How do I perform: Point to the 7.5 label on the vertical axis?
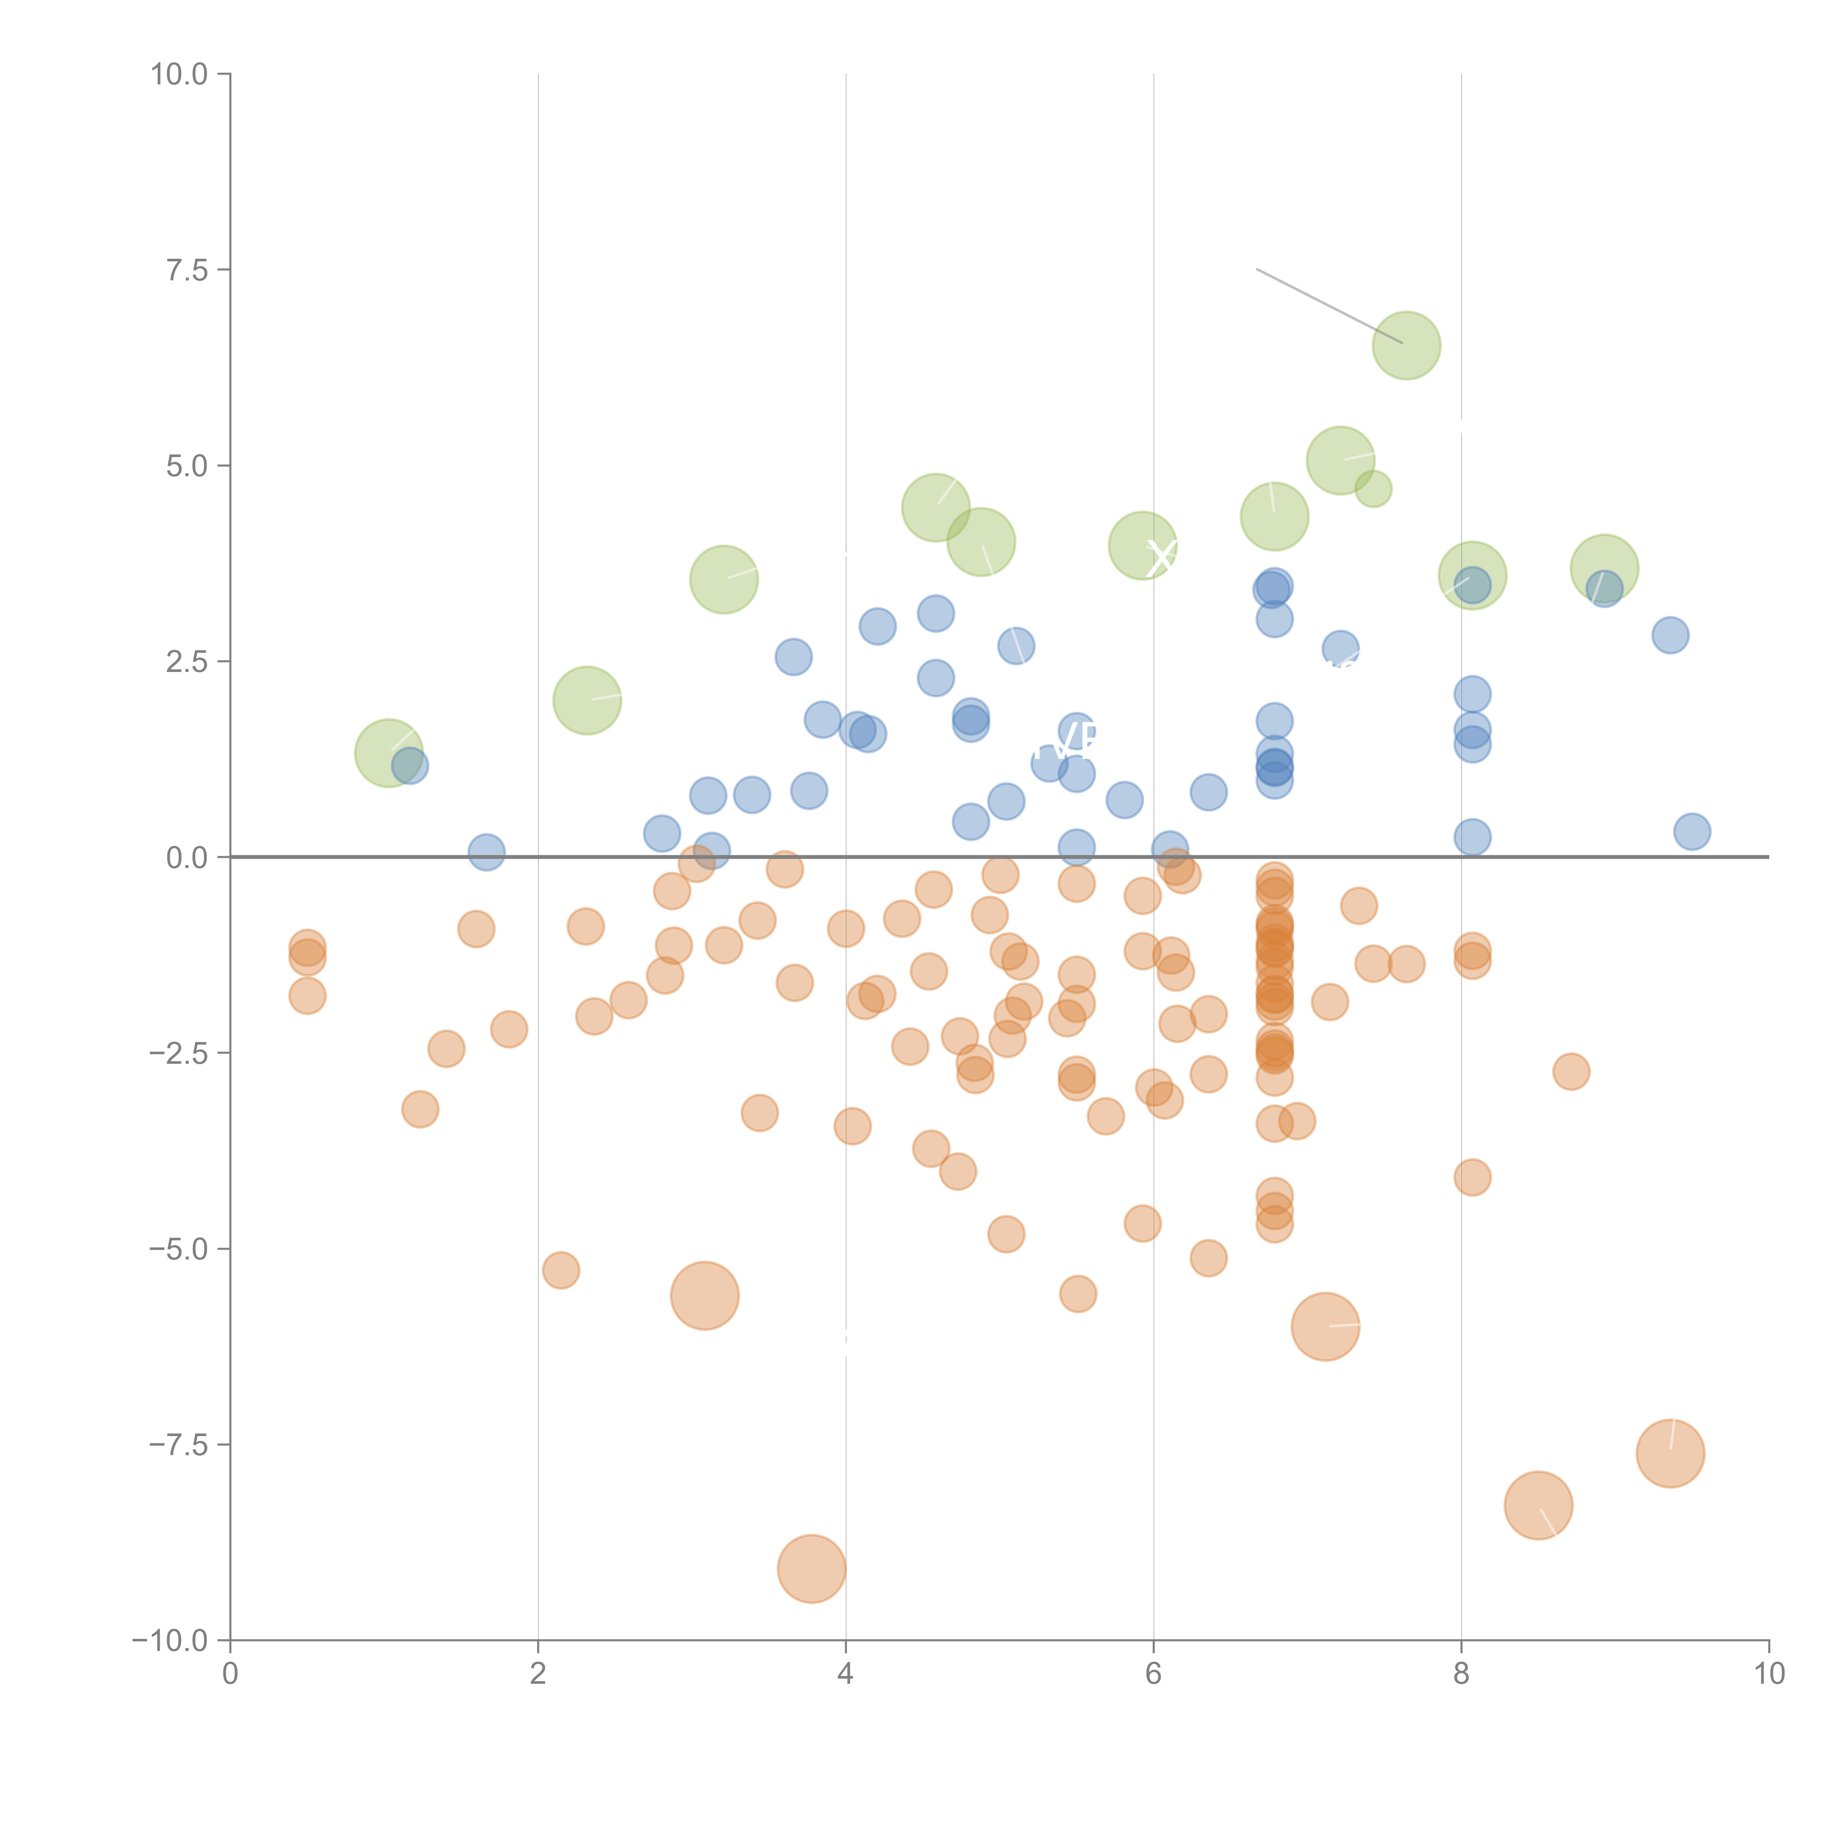click(x=187, y=270)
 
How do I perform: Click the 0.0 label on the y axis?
click(x=187, y=858)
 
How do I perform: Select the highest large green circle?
click(x=1406, y=345)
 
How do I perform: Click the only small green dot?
click(x=1373, y=490)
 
